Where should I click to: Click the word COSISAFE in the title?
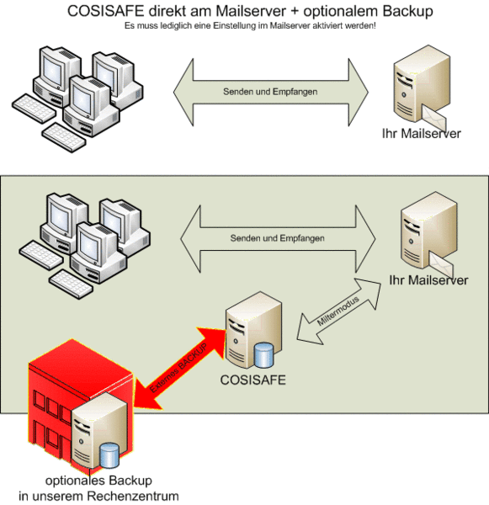[105, 11]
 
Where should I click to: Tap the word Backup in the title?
[407, 12]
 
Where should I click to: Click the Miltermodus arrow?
[338, 311]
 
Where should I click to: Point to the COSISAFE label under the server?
[252, 380]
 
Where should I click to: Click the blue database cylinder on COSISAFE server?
[263, 355]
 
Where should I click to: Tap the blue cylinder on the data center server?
[109, 455]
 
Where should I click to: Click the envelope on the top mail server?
[434, 118]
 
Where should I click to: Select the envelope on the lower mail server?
[441, 264]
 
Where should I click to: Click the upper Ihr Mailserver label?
[422, 133]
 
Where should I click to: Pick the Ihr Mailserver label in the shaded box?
[428, 280]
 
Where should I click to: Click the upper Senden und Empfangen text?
[270, 92]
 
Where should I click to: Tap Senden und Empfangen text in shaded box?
[278, 238]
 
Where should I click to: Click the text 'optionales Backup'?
[98, 481]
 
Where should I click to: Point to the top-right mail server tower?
[422, 84]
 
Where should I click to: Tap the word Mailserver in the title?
[251, 11]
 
